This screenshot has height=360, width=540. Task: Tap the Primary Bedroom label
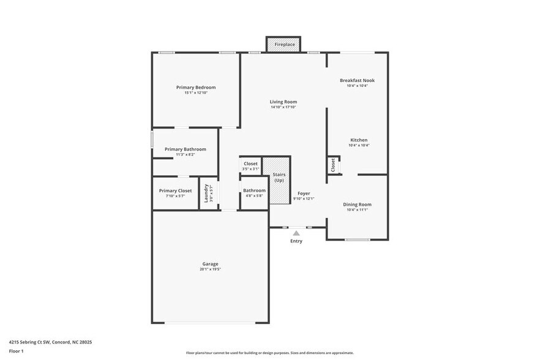[x=196, y=88]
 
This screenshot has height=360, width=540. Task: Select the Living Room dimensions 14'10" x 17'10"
[x=283, y=107]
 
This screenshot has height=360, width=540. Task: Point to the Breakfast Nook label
[x=357, y=80]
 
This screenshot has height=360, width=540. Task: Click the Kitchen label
[x=358, y=140]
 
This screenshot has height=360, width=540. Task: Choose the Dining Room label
[x=357, y=204]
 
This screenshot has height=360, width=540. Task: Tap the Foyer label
[x=303, y=193]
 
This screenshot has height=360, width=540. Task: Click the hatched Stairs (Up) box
[x=279, y=181]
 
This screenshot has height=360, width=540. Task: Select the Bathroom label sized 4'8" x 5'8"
[x=254, y=190]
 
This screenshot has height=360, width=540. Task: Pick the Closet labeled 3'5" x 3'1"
[x=250, y=164]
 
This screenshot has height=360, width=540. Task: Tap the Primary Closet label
[x=175, y=190]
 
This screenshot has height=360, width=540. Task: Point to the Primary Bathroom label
[x=185, y=149]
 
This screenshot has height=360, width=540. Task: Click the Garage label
[x=210, y=264]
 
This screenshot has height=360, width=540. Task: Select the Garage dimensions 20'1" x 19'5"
[x=210, y=269]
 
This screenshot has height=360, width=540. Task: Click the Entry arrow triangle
[x=296, y=233]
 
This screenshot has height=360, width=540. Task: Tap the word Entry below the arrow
[x=296, y=242]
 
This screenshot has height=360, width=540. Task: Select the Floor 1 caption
[x=17, y=351]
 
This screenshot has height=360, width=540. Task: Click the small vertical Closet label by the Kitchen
[x=333, y=165]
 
